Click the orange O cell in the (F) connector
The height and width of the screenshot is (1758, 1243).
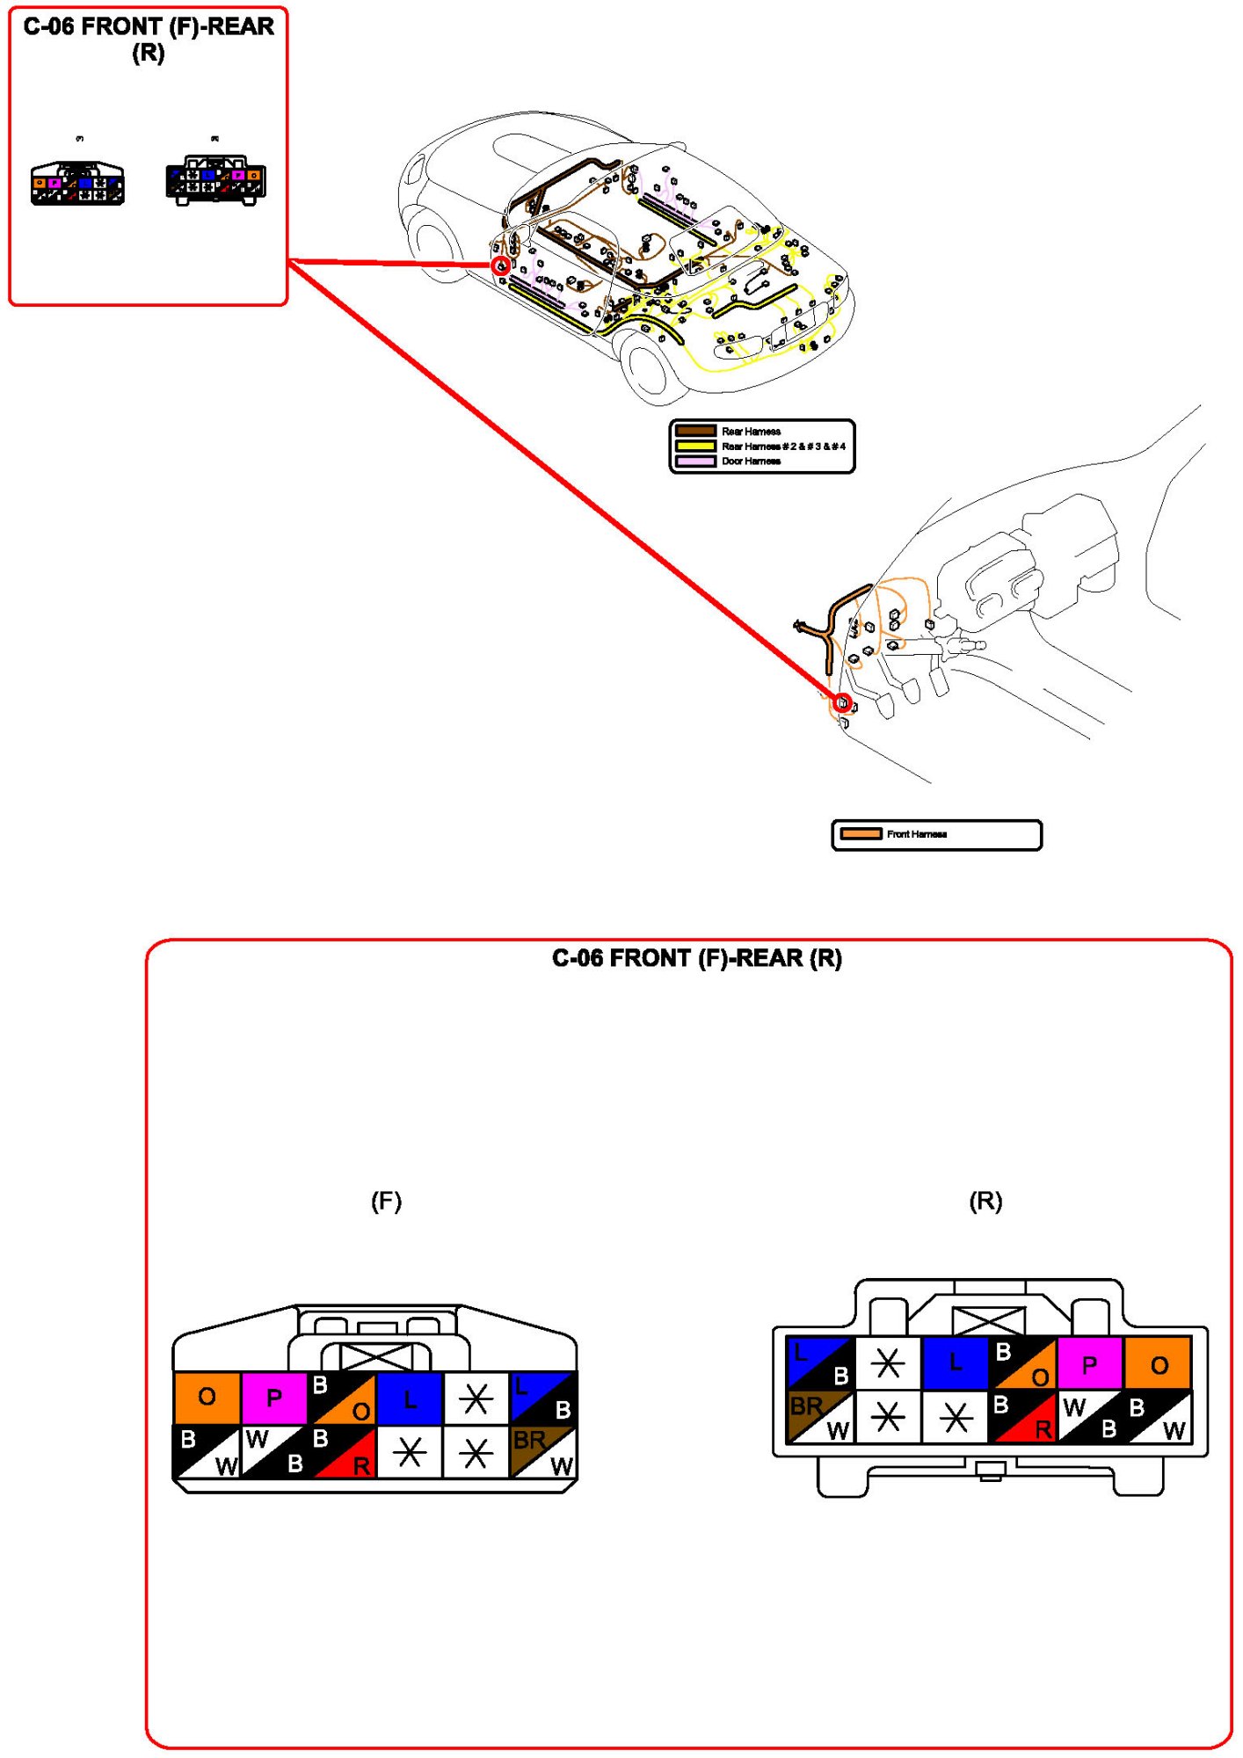coord(207,1398)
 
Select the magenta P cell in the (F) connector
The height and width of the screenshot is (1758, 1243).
coord(273,1398)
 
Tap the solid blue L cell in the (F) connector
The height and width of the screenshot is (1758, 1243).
coord(410,1398)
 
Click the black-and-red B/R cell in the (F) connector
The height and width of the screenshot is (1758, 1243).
coord(342,1452)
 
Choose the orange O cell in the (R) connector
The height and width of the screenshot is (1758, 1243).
coord(1159,1364)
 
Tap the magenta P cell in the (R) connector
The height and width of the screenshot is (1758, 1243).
coord(1089,1364)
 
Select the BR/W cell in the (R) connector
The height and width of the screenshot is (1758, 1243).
coord(819,1417)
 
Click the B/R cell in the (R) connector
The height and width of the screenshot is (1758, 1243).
coord(1022,1417)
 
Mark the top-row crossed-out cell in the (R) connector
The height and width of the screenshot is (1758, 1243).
coord(888,1364)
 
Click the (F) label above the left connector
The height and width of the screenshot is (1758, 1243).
coord(386,1202)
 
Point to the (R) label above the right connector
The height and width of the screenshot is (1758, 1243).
coord(985,1202)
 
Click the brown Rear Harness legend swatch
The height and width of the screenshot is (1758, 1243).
coord(695,431)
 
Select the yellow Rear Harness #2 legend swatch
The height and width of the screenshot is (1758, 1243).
coord(695,446)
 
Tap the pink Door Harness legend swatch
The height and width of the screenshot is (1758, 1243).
coord(695,461)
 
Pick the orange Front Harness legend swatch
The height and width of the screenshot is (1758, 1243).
coord(861,833)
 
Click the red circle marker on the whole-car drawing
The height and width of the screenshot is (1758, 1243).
coord(500,265)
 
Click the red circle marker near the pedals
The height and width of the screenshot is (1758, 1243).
coord(842,702)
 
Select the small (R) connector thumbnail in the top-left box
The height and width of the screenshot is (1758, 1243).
coord(215,181)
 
